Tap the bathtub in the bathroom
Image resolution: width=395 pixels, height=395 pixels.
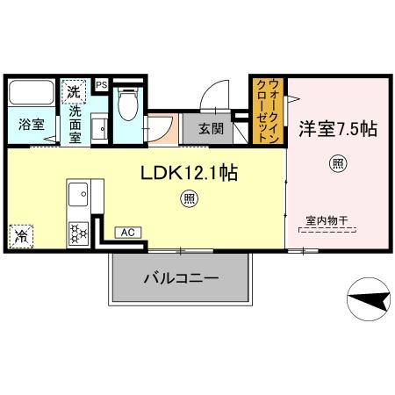pos(32,92)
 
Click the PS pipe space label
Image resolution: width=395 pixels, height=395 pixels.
pos(102,84)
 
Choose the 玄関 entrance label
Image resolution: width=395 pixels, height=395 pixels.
pos(210,128)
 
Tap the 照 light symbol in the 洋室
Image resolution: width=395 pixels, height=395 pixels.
pos(337,163)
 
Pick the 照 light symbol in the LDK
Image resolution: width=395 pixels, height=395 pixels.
pos(190,198)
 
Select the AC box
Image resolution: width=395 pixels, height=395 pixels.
pos(127,232)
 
